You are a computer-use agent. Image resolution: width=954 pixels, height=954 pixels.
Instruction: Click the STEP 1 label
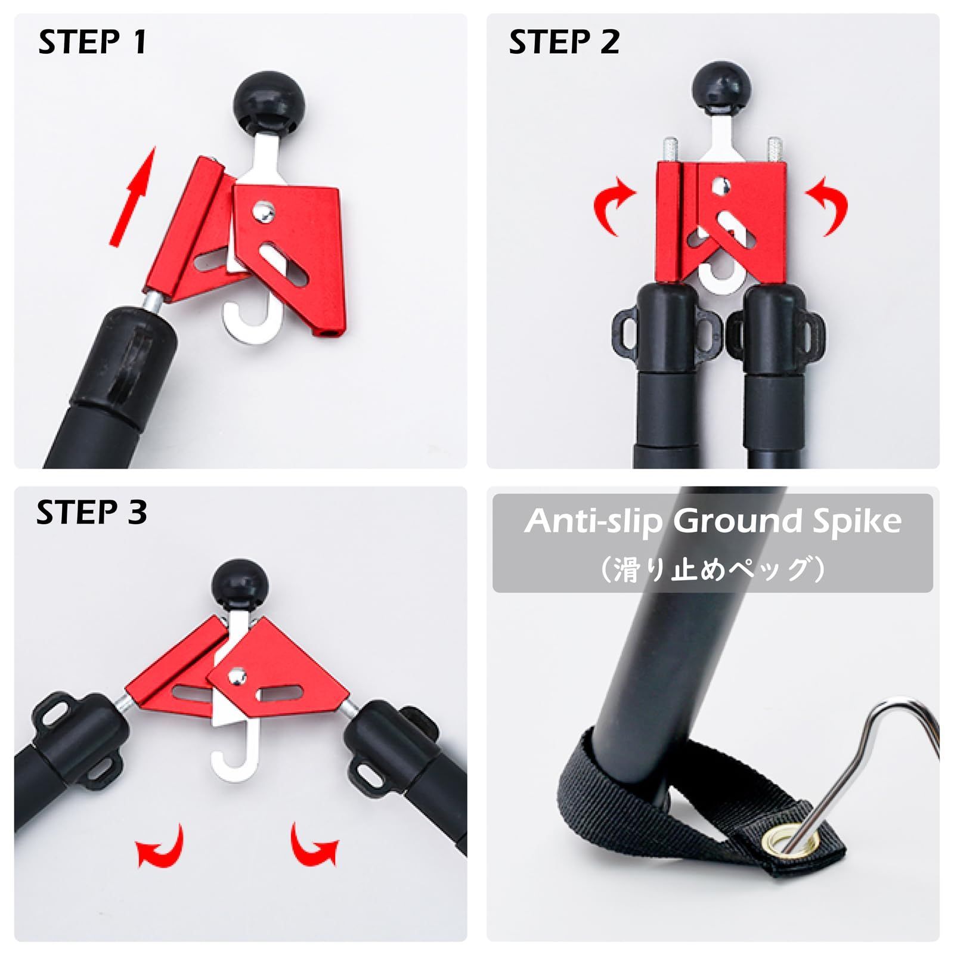[x=92, y=42]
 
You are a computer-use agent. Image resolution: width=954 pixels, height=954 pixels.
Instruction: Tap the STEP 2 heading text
[x=564, y=42]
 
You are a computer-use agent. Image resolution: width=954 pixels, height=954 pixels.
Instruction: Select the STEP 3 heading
[x=91, y=512]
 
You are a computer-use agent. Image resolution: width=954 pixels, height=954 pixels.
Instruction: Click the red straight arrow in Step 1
[x=132, y=196]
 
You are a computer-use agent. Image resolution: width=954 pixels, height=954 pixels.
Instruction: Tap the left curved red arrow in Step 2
[x=614, y=205]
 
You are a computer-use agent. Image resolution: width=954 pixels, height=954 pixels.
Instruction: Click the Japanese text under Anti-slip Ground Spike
[x=713, y=568]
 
